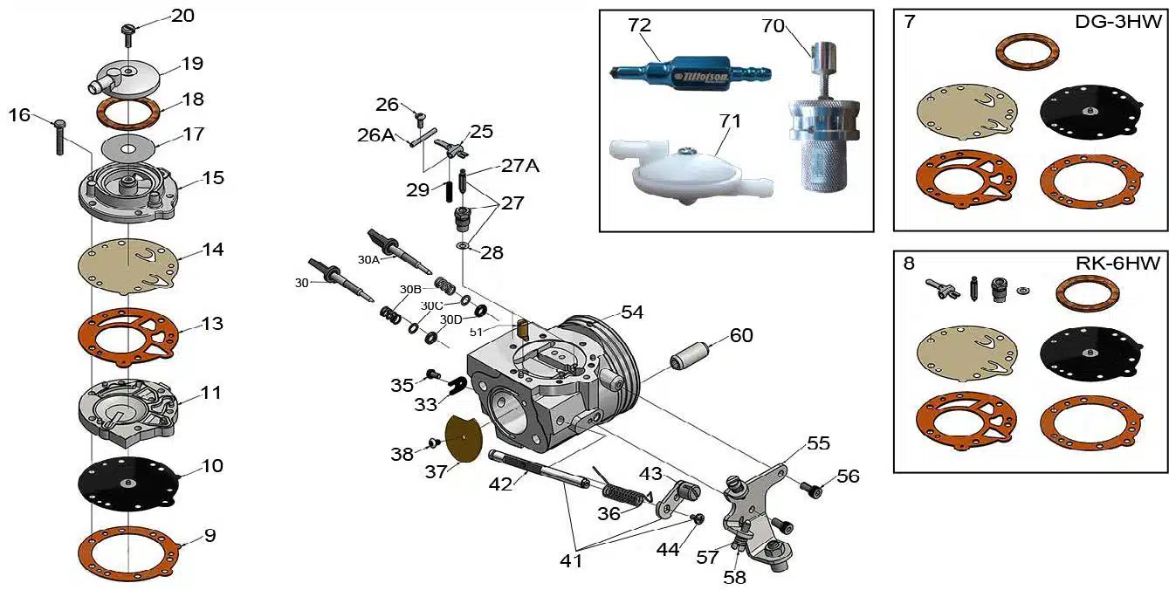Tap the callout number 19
191,64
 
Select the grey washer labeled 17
127,148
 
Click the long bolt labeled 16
59,137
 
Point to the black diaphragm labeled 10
127,484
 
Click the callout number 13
212,324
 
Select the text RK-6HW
1117,263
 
